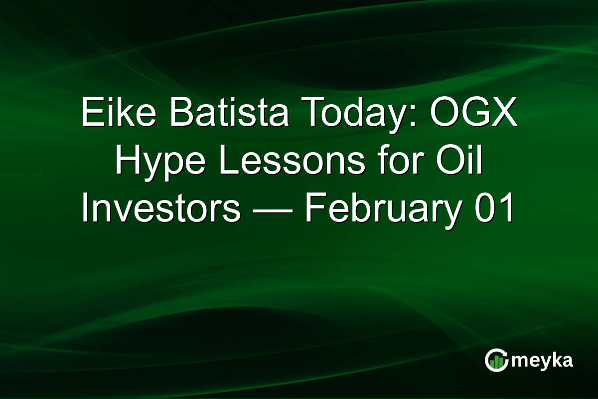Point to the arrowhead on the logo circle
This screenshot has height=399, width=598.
click(505, 353)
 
